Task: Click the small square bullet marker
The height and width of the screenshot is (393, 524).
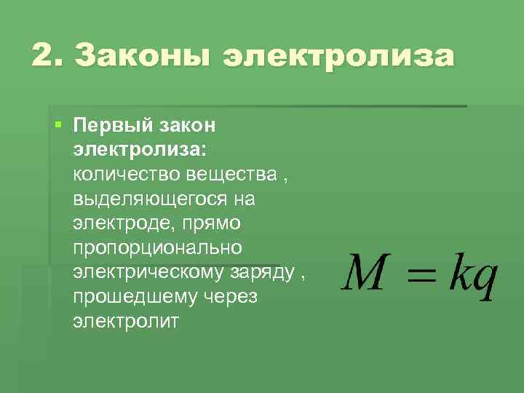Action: pyautogui.click(x=58, y=124)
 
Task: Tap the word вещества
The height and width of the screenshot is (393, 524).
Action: pyautogui.click(x=229, y=175)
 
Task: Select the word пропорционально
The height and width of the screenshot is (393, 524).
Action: pyautogui.click(x=157, y=247)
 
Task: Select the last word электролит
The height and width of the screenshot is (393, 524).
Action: pyautogui.click(x=125, y=321)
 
